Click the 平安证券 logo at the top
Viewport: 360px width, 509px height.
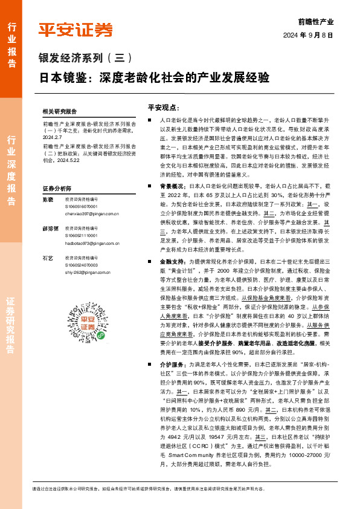pos(76,30)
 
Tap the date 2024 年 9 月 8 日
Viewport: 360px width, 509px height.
pos(307,36)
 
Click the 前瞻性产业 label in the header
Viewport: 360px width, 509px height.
pos(316,21)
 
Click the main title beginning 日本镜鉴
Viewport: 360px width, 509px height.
pos(155,78)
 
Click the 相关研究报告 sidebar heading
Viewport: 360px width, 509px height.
pos(60,112)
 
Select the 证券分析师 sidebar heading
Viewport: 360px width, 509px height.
pos(57,189)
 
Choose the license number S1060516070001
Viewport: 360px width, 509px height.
pos(83,207)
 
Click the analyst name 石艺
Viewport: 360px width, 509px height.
pos(47,258)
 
